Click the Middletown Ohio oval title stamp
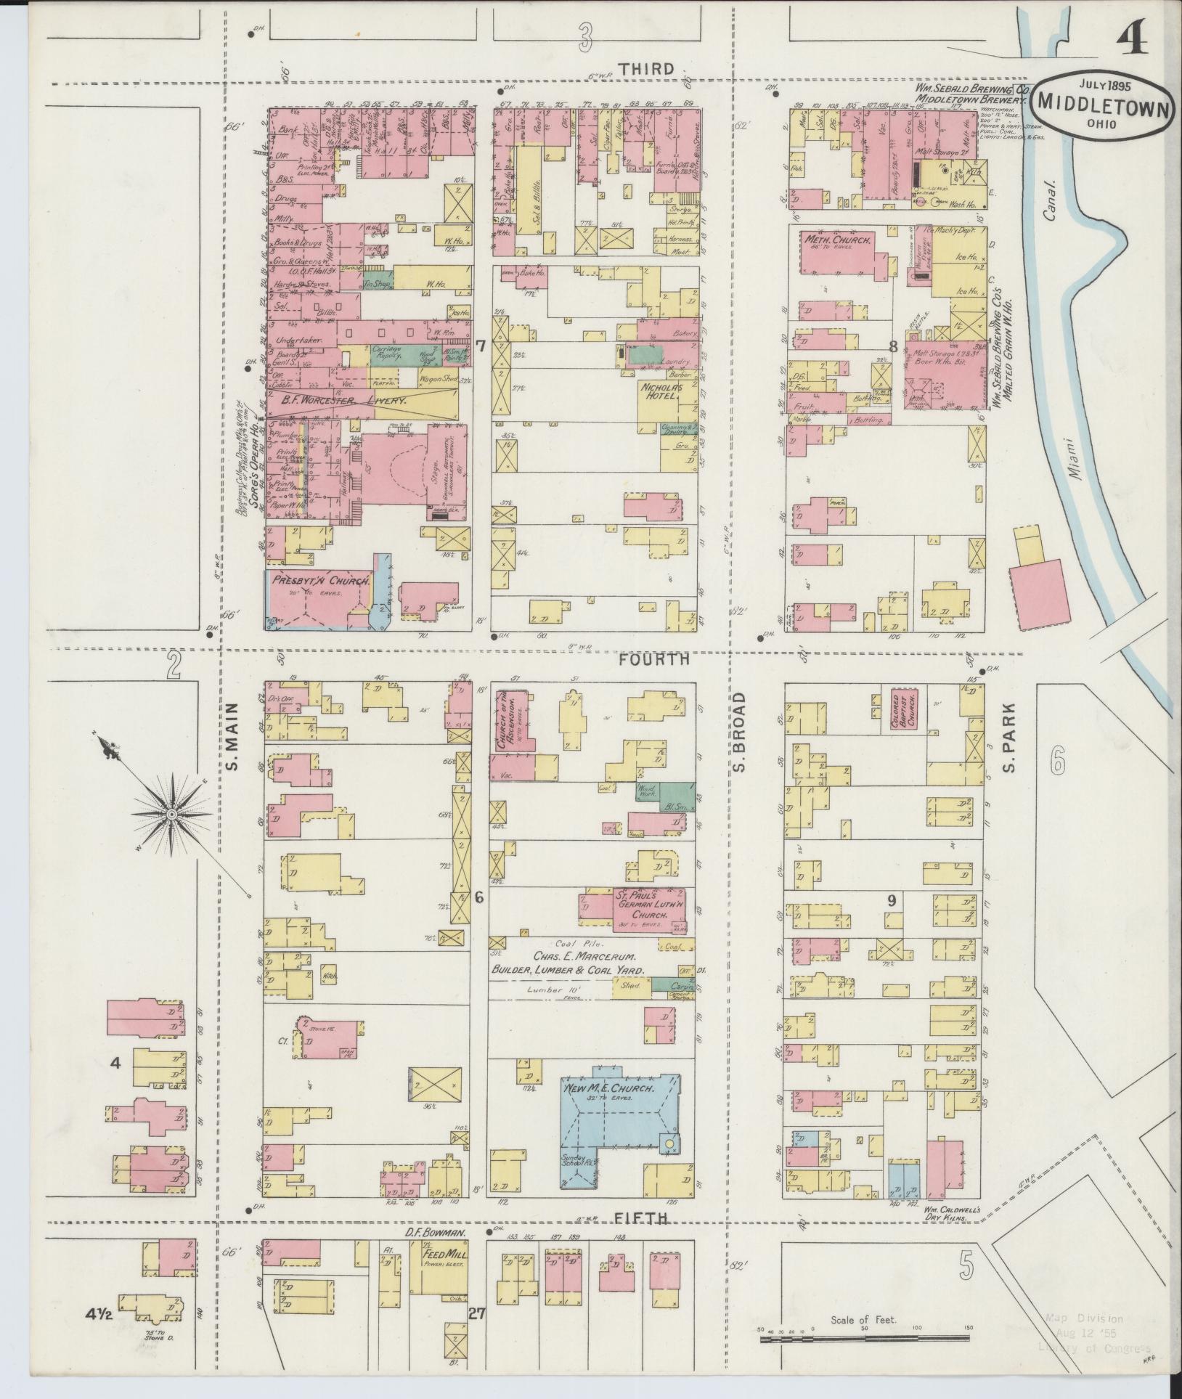tap(1104, 105)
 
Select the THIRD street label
tap(645, 69)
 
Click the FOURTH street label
tap(654, 660)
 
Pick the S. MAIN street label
tap(232, 740)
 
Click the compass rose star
tap(171, 815)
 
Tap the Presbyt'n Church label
tap(322, 581)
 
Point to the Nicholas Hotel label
tap(661, 393)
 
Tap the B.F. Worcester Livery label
tap(336, 400)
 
